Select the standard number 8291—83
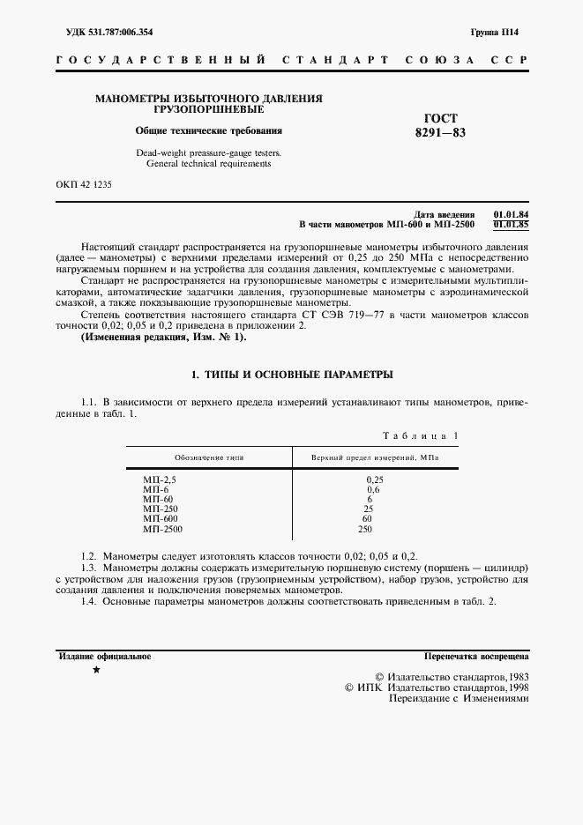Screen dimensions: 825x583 (x=440, y=134)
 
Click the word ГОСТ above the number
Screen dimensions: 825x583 (x=440, y=118)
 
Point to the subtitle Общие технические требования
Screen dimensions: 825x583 (x=208, y=130)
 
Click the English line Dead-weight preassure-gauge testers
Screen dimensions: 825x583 (x=208, y=152)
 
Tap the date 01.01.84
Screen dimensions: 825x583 (x=511, y=215)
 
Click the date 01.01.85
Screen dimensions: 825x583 (x=511, y=225)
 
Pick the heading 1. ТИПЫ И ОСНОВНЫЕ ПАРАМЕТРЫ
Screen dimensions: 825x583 (x=292, y=375)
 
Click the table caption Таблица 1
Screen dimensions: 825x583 (x=420, y=436)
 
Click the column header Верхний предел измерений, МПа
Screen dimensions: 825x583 (x=375, y=458)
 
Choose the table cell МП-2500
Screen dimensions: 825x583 (x=162, y=529)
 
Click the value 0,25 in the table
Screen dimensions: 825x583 (x=374, y=479)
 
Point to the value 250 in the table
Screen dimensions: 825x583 (x=365, y=529)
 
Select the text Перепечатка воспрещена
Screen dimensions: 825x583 (x=475, y=657)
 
